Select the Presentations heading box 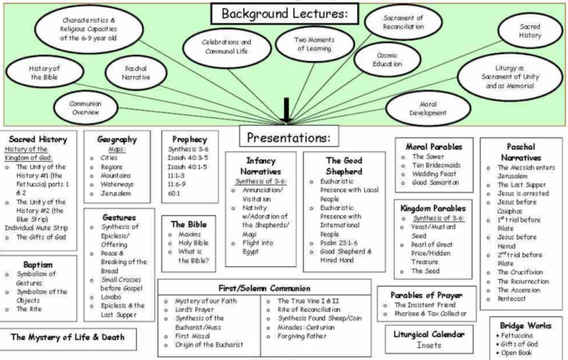[289, 137]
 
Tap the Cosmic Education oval [387, 60]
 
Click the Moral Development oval [428, 108]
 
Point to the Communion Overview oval [85, 108]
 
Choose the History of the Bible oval [44, 73]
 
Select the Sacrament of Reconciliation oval [403, 23]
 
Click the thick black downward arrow [286, 110]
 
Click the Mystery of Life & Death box [68, 337]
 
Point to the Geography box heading [117, 140]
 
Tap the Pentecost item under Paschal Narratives [512, 299]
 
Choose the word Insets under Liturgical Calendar [429, 345]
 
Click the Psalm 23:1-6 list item [339, 242]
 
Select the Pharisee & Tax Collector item [430, 314]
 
